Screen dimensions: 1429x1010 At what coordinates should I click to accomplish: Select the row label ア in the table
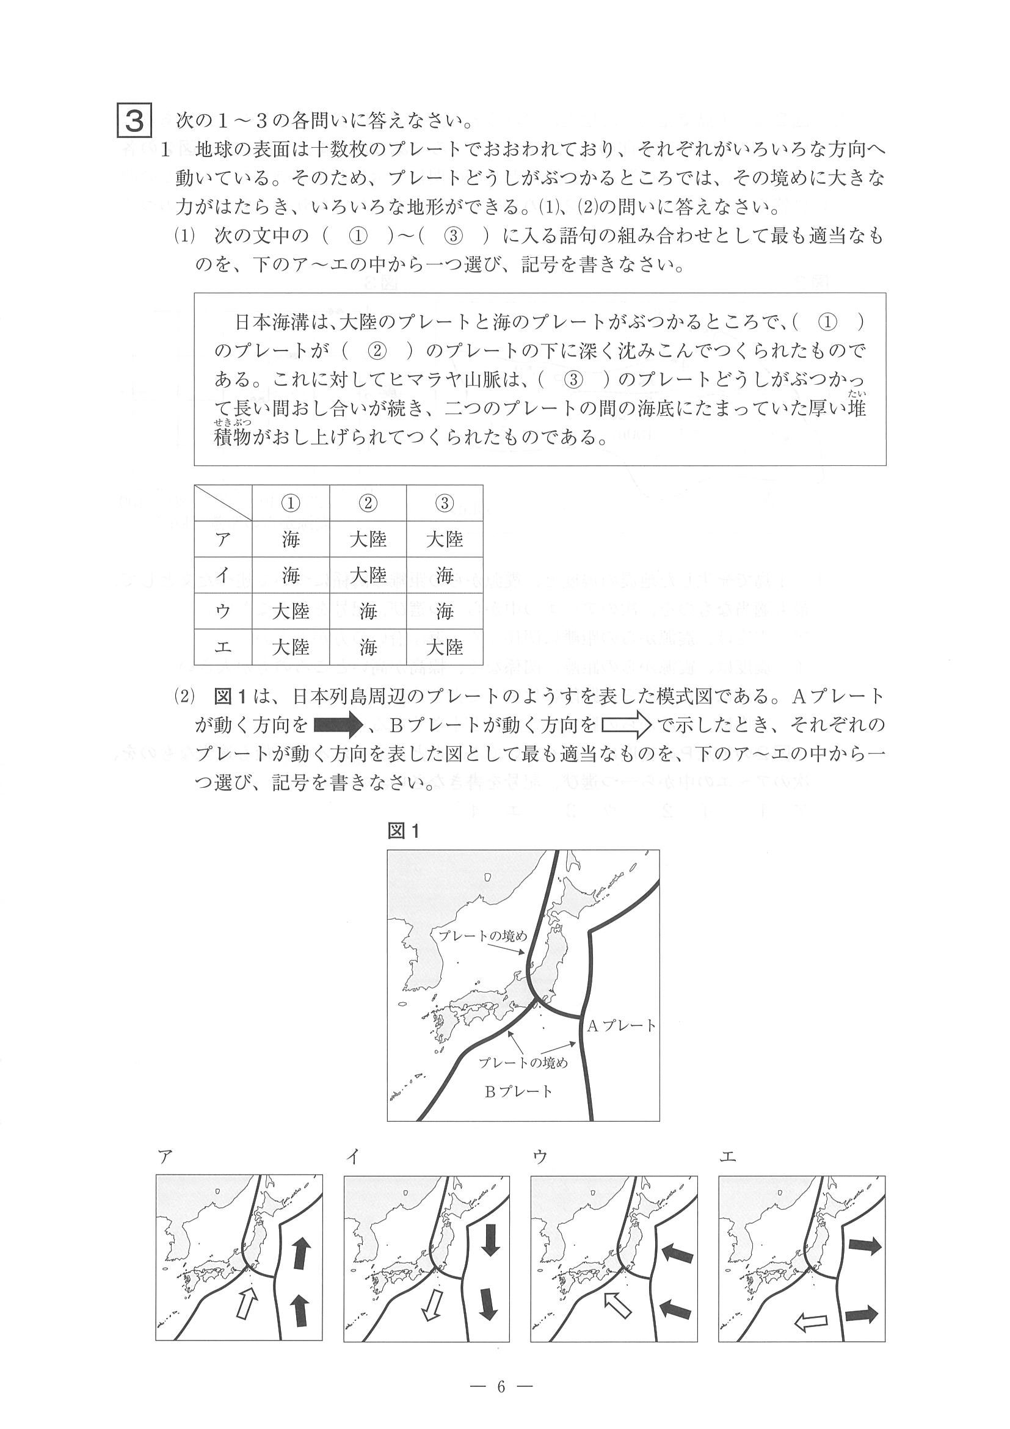point(223,539)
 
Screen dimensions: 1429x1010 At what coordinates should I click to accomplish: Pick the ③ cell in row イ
point(445,576)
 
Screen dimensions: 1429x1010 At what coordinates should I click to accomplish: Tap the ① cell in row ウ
point(291,612)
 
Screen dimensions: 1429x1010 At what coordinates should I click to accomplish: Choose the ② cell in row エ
point(368,648)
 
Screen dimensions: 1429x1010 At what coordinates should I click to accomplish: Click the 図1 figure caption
point(404,832)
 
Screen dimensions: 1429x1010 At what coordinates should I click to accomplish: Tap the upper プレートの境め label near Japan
point(482,953)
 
